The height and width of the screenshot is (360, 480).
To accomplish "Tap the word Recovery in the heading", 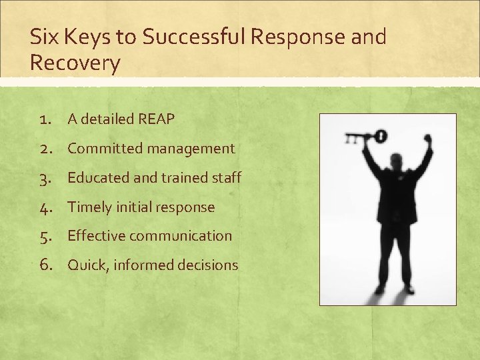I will coord(75,63).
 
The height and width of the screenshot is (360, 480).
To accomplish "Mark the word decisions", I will coord(206,265).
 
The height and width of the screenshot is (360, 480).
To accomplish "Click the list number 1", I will coord(45,119).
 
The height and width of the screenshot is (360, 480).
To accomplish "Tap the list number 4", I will coord(45,207).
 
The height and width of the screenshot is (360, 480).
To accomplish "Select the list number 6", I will coord(45,265).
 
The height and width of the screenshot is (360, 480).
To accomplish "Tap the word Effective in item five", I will coord(96,236).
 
